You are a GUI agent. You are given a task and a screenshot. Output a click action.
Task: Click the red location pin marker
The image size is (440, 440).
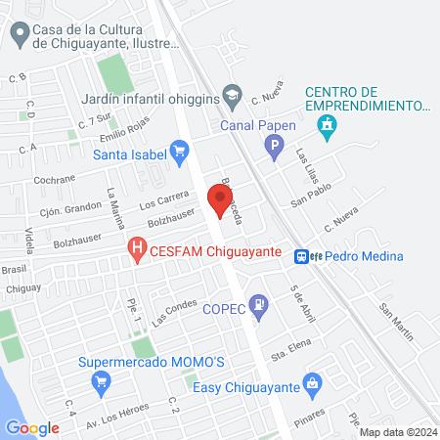pyautogui.click(x=220, y=200)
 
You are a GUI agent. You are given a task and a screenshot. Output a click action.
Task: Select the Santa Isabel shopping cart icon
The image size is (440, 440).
pyautogui.click(x=179, y=151)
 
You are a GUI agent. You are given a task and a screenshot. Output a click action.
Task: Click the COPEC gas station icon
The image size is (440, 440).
pyautogui.click(x=258, y=305)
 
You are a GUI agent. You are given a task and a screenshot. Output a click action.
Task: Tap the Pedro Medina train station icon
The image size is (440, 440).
pyautogui.click(x=304, y=255)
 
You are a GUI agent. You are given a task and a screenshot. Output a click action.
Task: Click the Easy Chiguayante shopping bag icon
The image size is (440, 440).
pyautogui.click(x=313, y=382)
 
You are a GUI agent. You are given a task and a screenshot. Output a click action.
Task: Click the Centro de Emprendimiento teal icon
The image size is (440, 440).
pyautogui.click(x=327, y=124)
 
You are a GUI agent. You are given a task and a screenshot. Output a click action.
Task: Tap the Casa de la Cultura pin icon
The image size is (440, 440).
pyautogui.click(x=19, y=35)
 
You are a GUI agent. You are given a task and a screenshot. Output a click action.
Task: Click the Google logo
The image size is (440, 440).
pyautogui.click(x=32, y=427)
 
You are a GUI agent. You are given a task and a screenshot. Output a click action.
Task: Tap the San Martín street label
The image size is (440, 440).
pyautogui.click(x=397, y=322)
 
